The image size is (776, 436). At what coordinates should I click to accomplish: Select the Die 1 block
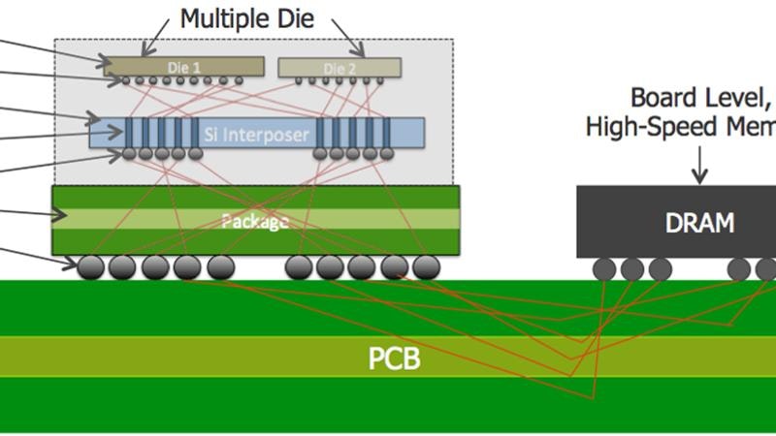[x=184, y=67]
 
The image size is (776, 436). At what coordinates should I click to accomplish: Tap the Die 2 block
[x=339, y=67]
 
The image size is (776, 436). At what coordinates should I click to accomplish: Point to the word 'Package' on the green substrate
[x=255, y=222]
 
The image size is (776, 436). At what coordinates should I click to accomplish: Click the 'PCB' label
[x=394, y=359]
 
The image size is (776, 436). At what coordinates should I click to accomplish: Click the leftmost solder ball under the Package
[x=91, y=265]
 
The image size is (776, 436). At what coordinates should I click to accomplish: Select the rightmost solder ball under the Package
[x=425, y=265]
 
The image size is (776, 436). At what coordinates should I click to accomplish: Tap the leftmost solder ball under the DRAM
[x=607, y=268]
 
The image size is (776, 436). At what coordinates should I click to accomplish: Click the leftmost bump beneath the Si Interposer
[x=129, y=154]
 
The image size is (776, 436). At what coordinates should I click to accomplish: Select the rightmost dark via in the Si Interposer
[x=387, y=133]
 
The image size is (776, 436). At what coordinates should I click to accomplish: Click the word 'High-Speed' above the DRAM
[x=635, y=127]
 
